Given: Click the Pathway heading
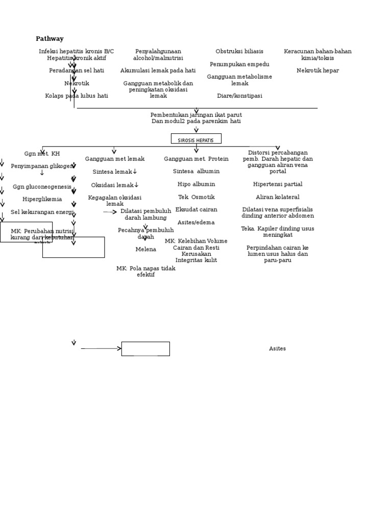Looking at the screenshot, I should point(50,39).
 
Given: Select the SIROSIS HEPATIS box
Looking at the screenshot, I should point(196,139).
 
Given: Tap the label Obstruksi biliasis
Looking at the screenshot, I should point(239,52).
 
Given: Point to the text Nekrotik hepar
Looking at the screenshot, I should point(317,70).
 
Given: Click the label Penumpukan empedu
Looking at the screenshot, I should point(239,64).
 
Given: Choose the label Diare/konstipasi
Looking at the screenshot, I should point(239,96).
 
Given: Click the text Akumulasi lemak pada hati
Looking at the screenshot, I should point(158,70).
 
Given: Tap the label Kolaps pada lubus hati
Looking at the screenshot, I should point(77,96).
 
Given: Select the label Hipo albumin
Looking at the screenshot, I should point(196,184).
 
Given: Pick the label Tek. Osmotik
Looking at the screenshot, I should point(196,197).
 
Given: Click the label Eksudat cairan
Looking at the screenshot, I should point(196,209).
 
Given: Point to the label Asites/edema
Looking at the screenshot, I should point(196,222).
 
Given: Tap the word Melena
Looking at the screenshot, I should point(145,249).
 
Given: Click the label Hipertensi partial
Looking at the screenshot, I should point(278,184).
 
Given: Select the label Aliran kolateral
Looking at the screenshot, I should point(278,197).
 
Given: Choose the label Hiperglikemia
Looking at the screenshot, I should point(42,199).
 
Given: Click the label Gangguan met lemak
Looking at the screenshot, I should point(115,159).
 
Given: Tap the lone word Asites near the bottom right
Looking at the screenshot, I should point(277,349).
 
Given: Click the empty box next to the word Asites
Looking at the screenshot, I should point(145,349).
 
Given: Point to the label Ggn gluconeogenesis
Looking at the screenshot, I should point(42,187).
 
